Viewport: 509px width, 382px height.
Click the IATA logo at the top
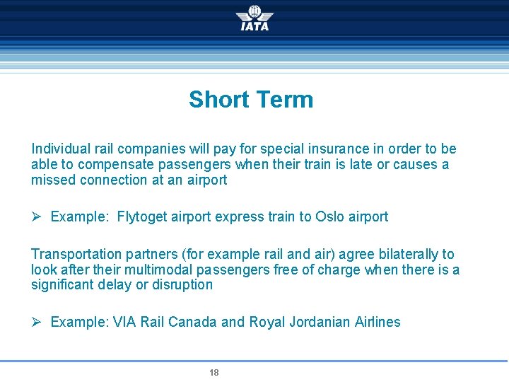click(255, 18)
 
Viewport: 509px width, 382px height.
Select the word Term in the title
click(283, 100)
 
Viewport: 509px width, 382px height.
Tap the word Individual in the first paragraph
click(61, 149)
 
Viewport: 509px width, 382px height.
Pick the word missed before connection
click(53, 180)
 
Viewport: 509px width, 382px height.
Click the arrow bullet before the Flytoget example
click(37, 217)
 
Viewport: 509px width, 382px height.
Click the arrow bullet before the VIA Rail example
click(37, 323)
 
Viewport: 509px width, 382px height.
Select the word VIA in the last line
click(125, 323)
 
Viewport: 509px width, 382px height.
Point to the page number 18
click(214, 373)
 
